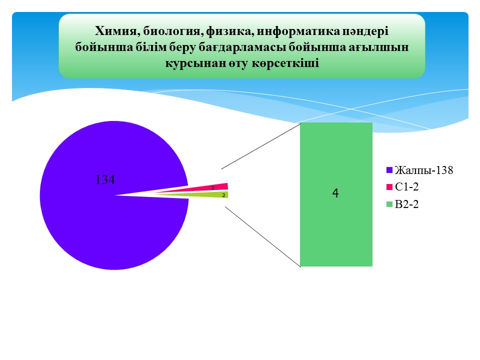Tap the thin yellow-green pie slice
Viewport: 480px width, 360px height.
(x=211, y=194)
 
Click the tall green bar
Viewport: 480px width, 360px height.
(x=336, y=194)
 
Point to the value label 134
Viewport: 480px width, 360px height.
(x=105, y=179)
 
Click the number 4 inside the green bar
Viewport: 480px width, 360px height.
(x=335, y=193)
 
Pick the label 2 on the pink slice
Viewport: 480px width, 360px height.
(x=213, y=187)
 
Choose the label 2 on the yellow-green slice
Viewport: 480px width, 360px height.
(x=223, y=195)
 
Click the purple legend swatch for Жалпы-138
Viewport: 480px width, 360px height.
(x=389, y=170)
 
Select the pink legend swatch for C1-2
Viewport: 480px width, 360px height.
(x=389, y=186)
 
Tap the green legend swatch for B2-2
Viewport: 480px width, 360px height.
(x=389, y=204)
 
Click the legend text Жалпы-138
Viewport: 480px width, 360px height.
(x=424, y=170)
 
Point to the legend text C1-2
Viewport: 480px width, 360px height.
(x=407, y=186)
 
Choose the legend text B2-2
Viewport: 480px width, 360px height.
(x=407, y=204)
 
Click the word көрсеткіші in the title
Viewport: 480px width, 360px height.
(x=285, y=63)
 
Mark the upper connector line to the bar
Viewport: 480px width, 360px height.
(x=261, y=146)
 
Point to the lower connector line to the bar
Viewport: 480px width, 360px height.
(x=263, y=237)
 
